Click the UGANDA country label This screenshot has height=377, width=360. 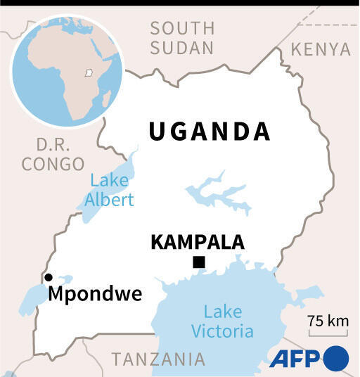(x=210, y=132)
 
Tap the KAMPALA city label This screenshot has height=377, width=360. (x=198, y=243)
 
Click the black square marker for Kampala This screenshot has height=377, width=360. (x=199, y=263)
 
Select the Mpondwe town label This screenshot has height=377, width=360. (x=95, y=293)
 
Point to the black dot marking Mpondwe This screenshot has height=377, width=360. (x=49, y=277)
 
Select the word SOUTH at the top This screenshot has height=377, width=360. (x=182, y=29)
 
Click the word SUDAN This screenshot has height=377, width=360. (x=182, y=48)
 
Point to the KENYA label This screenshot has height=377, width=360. (x=320, y=49)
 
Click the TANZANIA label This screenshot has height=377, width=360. (x=159, y=359)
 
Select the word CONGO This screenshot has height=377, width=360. (x=53, y=164)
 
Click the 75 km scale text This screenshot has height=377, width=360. (x=328, y=321)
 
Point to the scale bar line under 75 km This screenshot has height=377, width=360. (x=328, y=333)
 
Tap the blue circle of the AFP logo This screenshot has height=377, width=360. (x=336, y=358)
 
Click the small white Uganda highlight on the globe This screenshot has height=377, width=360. (x=89, y=72)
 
